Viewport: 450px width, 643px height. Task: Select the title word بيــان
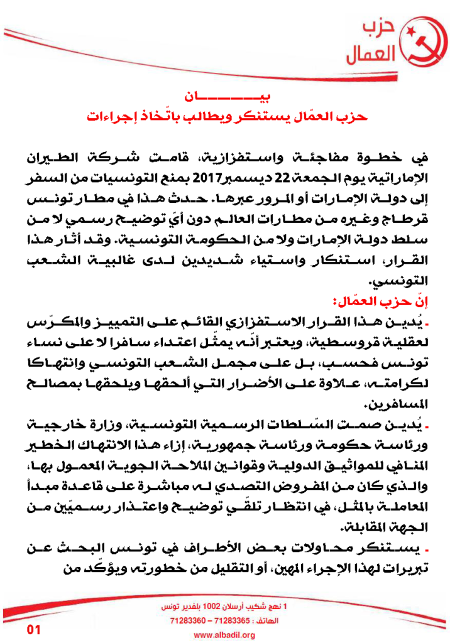pyautogui.click(x=224, y=97)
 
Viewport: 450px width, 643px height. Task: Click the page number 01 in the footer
pyautogui.click(x=33, y=630)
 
